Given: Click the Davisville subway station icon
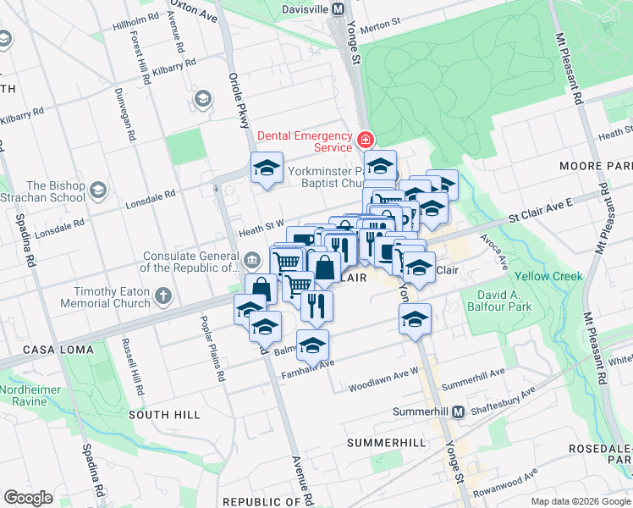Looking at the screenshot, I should pos(338,8).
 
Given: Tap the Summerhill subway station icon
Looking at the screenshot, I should pos(458,411).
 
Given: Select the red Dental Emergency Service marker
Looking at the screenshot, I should pos(366,140).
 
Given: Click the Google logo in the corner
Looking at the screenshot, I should pos(28,498).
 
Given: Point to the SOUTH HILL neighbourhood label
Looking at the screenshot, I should pos(164,415).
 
